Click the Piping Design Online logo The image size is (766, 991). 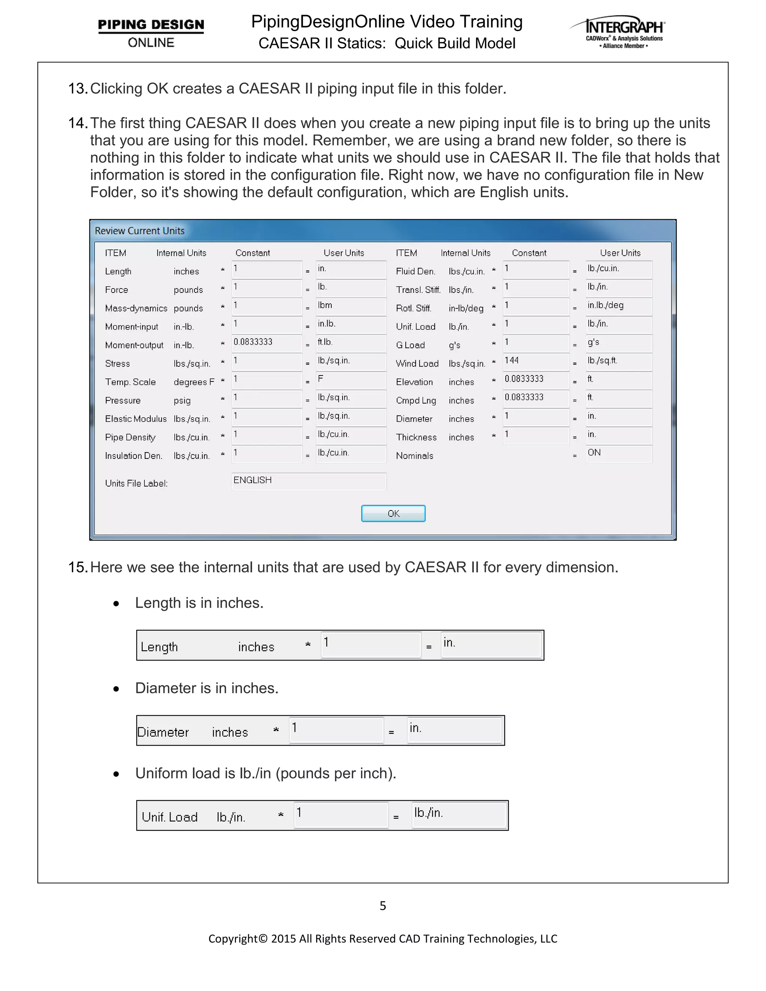[x=151, y=33]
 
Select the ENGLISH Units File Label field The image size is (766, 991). [x=309, y=481]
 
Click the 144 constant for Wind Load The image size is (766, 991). [x=536, y=361]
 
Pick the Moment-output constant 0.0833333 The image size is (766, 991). [x=266, y=343]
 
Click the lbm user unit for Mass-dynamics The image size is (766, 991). [x=350, y=306]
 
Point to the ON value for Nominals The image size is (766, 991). [x=619, y=453]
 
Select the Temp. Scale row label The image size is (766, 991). [x=130, y=382]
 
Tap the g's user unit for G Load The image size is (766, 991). [x=619, y=343]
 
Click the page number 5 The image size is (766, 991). [x=383, y=906]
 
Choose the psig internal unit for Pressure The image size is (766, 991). [x=182, y=401]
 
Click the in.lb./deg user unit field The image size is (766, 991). [x=619, y=306]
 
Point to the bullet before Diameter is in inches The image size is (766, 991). [x=117, y=689]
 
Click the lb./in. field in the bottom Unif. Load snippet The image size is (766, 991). [x=459, y=815]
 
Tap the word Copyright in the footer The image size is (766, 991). [x=233, y=938]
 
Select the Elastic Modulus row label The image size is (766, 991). [x=136, y=419]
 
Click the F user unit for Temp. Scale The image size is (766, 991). [x=350, y=379]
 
